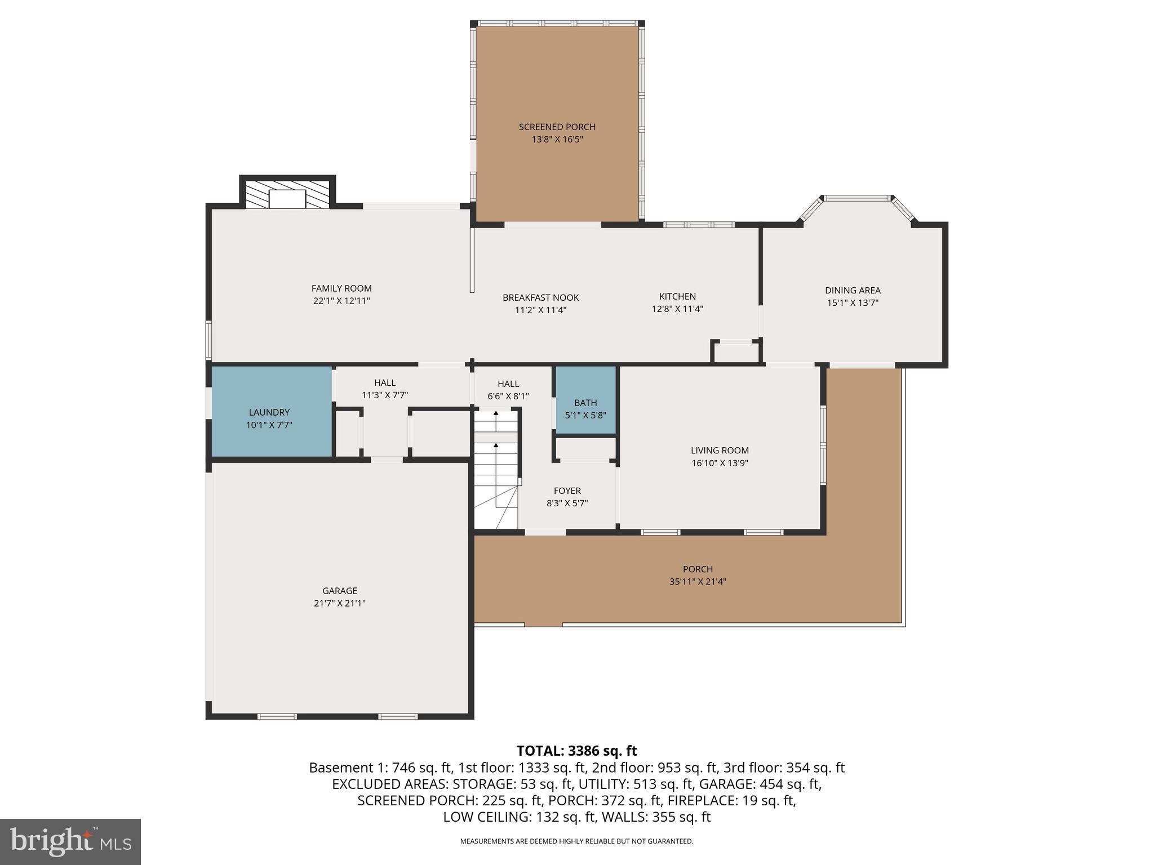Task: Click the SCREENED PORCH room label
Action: coord(557,127)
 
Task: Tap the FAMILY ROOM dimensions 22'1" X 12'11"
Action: coord(341,301)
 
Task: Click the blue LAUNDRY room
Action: coord(270,412)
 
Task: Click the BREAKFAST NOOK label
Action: coord(540,297)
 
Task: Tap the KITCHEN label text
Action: coord(677,296)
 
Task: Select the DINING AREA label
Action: coord(852,290)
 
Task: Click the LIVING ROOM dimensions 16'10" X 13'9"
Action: coord(720,463)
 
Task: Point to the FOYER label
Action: coord(567,491)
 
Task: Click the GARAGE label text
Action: coord(339,590)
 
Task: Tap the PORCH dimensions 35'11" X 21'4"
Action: coord(698,582)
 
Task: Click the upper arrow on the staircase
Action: coord(496,414)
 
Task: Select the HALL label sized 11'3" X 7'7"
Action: coord(385,383)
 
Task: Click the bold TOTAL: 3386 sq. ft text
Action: coord(576,751)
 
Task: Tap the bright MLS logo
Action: coord(70,841)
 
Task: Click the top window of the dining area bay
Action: coord(856,198)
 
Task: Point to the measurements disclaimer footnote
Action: coord(576,841)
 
